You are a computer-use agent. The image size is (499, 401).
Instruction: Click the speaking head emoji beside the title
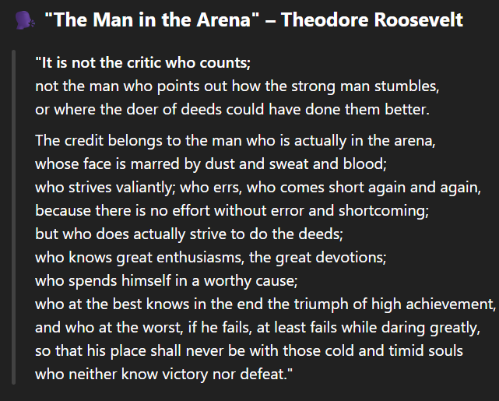point(25,20)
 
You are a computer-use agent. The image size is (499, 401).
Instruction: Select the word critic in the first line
point(144,63)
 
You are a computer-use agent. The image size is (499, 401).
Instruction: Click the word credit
point(84,140)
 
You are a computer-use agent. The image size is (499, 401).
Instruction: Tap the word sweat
point(289,164)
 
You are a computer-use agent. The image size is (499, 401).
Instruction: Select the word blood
point(364,164)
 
